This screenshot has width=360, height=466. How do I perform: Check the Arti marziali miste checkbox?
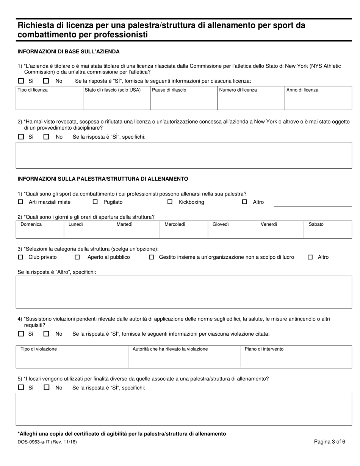(20, 202)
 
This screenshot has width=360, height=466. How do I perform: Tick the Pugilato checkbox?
(95, 202)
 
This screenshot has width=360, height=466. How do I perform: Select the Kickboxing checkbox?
(170, 202)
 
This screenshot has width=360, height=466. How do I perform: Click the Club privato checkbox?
(20, 257)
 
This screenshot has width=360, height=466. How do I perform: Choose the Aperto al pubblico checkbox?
(77, 257)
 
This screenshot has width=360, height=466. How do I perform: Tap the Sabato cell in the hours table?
(328, 230)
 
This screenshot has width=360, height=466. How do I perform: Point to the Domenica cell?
(40, 230)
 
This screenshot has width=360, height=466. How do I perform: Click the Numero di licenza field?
(251, 98)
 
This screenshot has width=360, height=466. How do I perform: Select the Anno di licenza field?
(318, 98)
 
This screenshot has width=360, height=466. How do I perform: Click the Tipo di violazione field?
(72, 357)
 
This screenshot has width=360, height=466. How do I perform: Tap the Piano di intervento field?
(296, 357)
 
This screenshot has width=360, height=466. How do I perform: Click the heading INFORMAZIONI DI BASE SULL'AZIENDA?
(69, 52)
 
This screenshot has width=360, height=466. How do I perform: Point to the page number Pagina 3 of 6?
(329, 441)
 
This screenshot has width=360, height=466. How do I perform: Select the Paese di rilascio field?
(184, 98)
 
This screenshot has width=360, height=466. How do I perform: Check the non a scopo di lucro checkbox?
(151, 257)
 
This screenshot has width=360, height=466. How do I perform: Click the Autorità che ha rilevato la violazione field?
(184, 357)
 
